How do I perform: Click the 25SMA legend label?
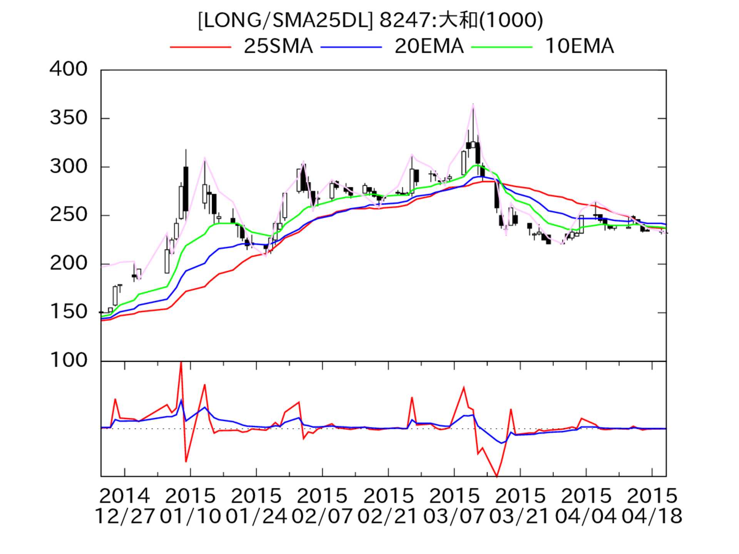coord(278,47)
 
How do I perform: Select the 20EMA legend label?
coord(429,47)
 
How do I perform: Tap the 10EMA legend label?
coord(579,47)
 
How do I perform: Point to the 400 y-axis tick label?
coord(69,70)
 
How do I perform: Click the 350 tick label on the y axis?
coord(69,118)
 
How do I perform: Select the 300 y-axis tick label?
coord(69,167)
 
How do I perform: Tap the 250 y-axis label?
coord(69,215)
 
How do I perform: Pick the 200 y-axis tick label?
coord(69,264)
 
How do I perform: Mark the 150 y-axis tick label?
coord(69,312)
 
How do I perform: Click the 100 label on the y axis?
coord(69,361)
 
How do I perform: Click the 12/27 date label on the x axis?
coord(124,517)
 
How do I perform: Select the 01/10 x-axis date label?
coord(190,517)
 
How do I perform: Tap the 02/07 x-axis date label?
coord(322,517)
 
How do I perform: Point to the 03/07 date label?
coord(454,517)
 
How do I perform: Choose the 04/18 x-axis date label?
coord(652,517)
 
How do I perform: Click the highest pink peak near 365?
coord(473,104)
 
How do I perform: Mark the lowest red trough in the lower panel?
coord(497,476)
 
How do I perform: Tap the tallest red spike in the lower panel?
coord(181,363)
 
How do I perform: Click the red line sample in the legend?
coord(200,47)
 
